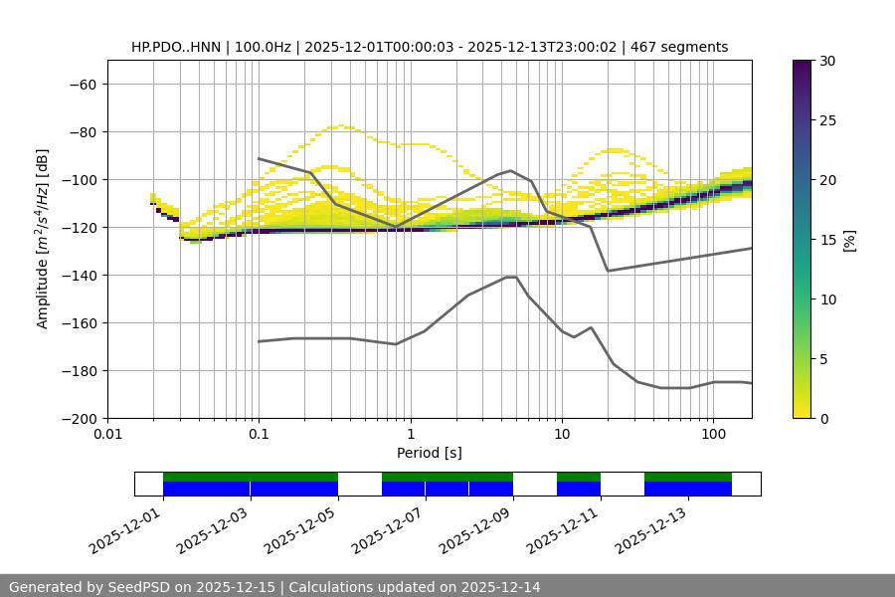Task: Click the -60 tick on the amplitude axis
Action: coord(85,84)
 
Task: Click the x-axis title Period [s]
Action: coord(429,453)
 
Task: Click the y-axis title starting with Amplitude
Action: coord(43,239)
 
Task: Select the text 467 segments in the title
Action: coord(685,47)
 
